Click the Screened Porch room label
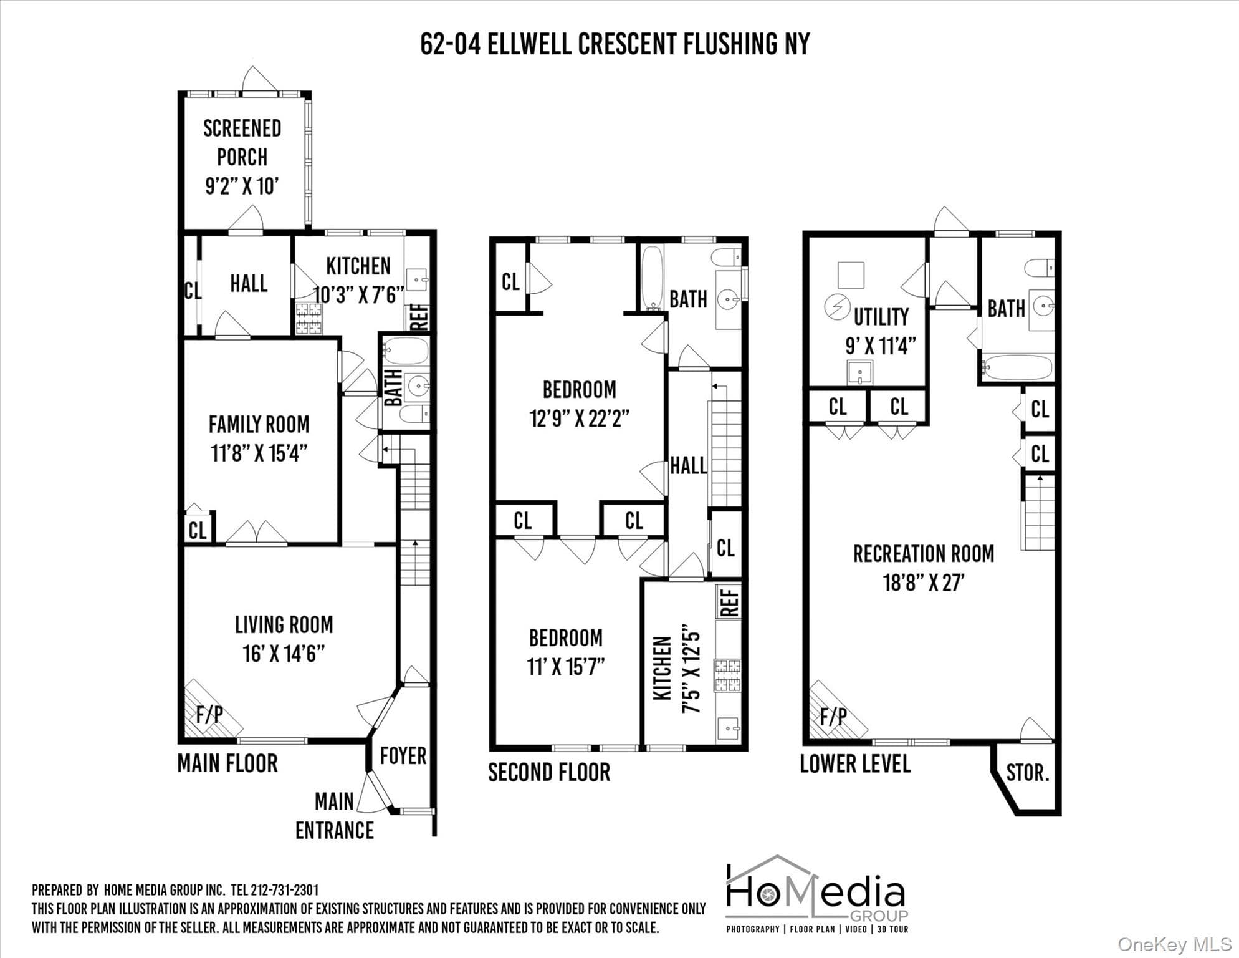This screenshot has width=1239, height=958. coord(242,143)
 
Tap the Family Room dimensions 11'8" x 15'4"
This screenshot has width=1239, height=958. coord(259,453)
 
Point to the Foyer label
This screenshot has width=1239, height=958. coord(403,756)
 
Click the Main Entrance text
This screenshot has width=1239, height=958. coord(335,816)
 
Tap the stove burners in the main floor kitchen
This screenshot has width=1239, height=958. coord(309,318)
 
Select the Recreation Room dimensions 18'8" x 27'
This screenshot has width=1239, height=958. coord(924,583)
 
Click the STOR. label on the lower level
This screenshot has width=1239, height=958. coord(1028,773)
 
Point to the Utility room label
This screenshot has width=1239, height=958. coord(881,317)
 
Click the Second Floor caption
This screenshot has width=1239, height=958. coord(549,772)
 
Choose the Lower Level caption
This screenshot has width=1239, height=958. coord(855,763)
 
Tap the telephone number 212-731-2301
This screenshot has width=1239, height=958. coord(285,890)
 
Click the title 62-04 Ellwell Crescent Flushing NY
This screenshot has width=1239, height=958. coord(615,44)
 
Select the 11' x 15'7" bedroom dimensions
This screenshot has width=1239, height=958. coord(566,667)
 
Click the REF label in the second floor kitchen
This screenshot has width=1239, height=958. coord(730,602)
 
